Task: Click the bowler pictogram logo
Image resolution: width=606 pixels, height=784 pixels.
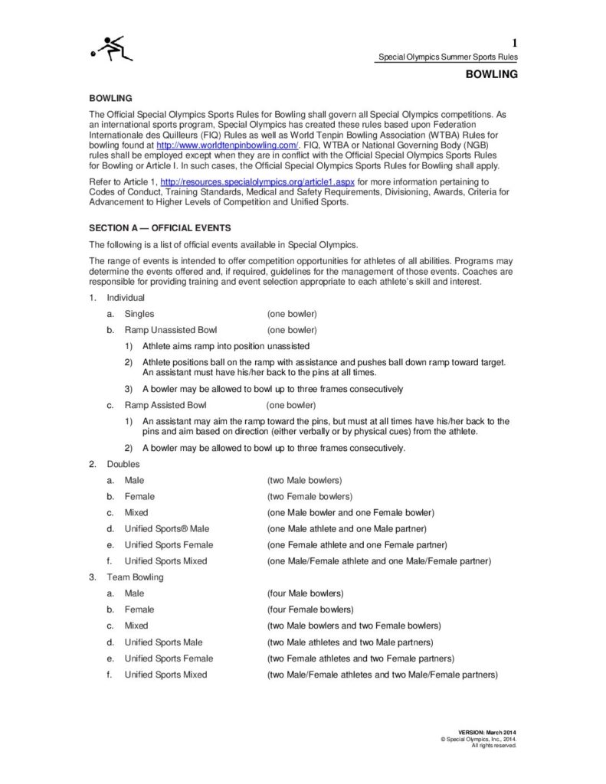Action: pyautogui.click(x=112, y=50)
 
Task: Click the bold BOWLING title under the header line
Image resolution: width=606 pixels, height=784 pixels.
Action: pyautogui.click(x=492, y=74)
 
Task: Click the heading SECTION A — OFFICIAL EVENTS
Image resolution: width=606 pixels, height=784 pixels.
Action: pyautogui.click(x=160, y=228)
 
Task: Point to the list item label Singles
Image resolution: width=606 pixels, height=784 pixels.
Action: pyautogui.click(x=139, y=314)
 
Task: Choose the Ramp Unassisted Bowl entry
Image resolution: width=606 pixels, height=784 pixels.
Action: pyautogui.click(x=171, y=330)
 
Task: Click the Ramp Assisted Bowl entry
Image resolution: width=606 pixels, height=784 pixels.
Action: pyautogui.click(x=165, y=405)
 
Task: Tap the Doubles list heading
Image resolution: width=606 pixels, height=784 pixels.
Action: pyautogui.click(x=123, y=464)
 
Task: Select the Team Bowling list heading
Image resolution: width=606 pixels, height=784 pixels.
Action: pyautogui.click(x=135, y=577)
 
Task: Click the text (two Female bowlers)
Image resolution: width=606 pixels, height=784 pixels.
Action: pyautogui.click(x=310, y=496)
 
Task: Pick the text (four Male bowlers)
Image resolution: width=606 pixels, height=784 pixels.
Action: pyautogui.click(x=305, y=593)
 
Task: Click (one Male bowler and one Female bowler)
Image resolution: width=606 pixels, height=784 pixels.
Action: pyautogui.click(x=350, y=512)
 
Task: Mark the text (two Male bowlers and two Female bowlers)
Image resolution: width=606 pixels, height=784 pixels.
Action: pyautogui.click(x=353, y=626)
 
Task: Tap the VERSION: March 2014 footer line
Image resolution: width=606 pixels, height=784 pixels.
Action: pyautogui.click(x=487, y=733)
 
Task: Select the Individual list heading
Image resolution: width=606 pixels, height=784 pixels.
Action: pyautogui.click(x=126, y=297)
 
